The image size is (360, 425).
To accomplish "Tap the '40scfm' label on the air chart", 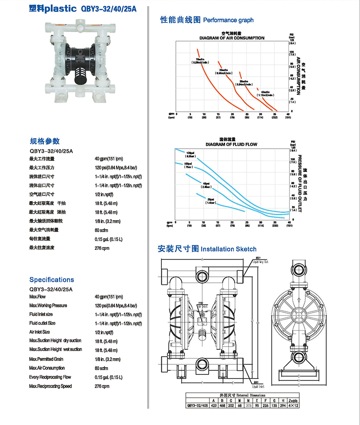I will click(x=266, y=93).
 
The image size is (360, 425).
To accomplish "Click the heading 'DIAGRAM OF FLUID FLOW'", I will click(x=231, y=145).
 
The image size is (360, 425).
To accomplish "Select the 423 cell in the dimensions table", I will click(x=213, y=405).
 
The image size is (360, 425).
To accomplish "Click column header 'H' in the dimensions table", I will click(x=284, y=400).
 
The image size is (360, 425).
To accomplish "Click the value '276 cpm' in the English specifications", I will click(x=102, y=386).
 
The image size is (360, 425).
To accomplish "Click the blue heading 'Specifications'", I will click(x=51, y=280).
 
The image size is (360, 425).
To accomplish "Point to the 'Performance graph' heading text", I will click(x=228, y=20).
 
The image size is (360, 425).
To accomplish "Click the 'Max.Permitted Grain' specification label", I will click(x=46, y=359).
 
